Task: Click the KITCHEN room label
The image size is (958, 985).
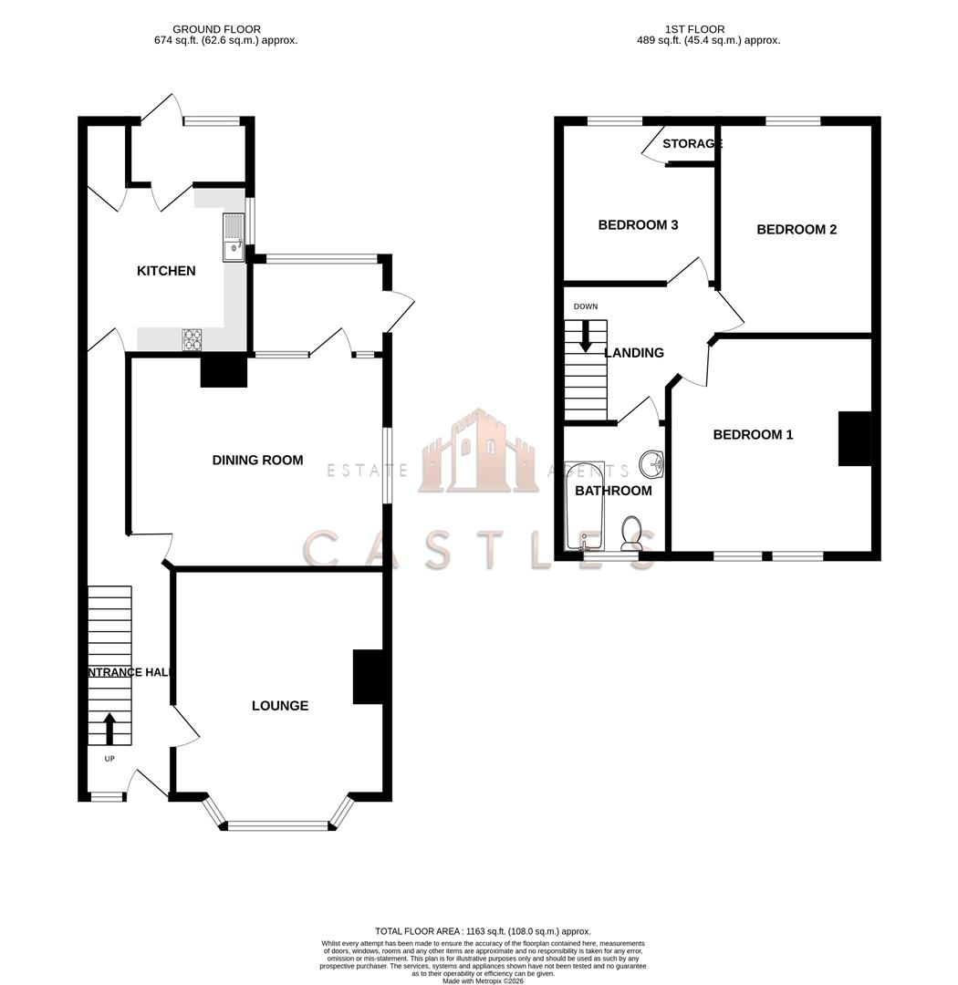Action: click(x=166, y=271)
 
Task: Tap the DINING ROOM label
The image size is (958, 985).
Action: click(x=257, y=461)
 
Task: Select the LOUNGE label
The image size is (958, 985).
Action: click(x=280, y=706)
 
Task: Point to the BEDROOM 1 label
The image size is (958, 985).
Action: click(x=753, y=435)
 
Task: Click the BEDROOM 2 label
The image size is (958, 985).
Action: click(x=797, y=230)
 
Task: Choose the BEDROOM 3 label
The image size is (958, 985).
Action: click(x=638, y=225)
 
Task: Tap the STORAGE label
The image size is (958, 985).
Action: click(x=692, y=144)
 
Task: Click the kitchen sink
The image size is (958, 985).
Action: click(x=233, y=237)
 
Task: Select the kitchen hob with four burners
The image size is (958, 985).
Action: click(x=193, y=339)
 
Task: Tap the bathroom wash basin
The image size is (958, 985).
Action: click(x=651, y=464)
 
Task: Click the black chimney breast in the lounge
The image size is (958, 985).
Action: click(x=367, y=677)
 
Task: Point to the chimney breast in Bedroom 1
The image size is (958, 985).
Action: click(x=855, y=439)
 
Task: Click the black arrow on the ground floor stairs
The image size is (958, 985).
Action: click(x=109, y=729)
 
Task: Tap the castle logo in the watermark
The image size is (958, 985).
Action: click(x=478, y=453)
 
